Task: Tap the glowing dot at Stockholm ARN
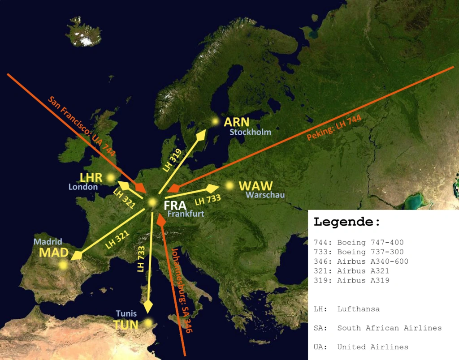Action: click(216, 121)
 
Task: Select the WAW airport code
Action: click(255, 186)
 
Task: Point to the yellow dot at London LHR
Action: click(110, 178)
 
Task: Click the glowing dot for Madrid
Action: click(63, 265)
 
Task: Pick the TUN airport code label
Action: click(126, 325)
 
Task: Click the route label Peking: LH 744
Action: click(334, 128)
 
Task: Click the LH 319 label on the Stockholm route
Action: click(172, 160)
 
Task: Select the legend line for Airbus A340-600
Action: click(361, 261)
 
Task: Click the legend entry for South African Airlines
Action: click(377, 328)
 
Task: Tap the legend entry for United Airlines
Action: click(361, 347)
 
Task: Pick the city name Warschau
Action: click(265, 195)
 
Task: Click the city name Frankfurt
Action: click(186, 214)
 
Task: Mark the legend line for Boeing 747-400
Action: click(359, 242)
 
